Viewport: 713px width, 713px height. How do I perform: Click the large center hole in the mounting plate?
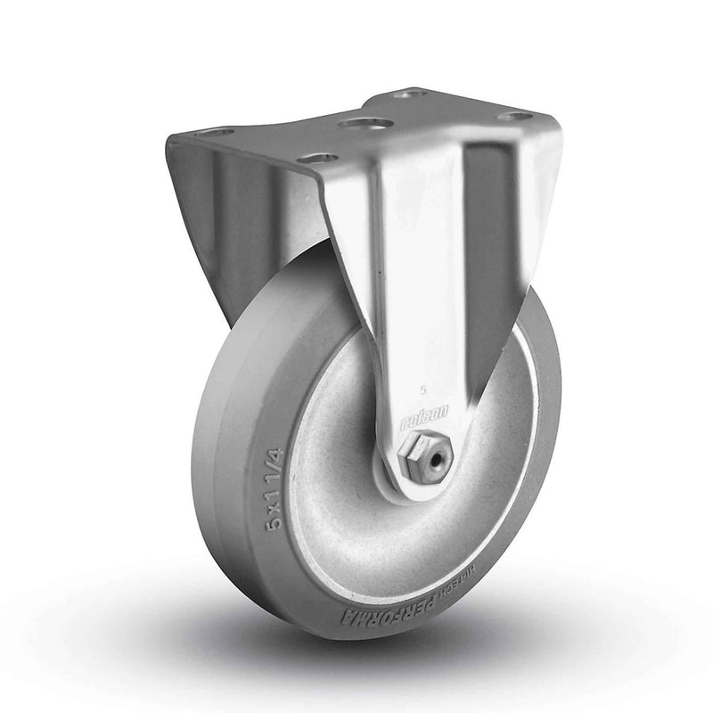pos(365,122)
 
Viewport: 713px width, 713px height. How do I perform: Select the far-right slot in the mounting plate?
pos(514,116)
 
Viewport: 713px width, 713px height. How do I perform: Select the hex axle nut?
pos(428,455)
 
